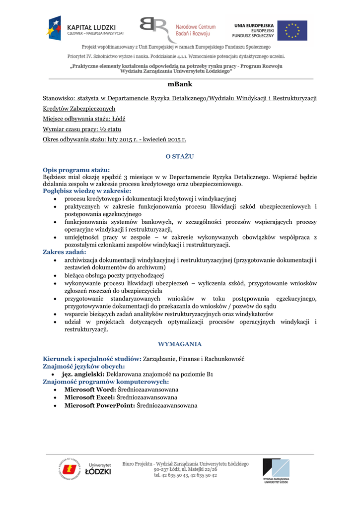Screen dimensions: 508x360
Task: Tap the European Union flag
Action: click(x=292, y=30)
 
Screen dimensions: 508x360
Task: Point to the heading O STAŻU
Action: click(x=180, y=156)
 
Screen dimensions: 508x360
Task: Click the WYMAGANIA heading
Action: click(x=180, y=344)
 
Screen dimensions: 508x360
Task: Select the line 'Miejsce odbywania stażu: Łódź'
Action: click(x=84, y=119)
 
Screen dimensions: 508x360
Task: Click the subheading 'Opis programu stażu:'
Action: click(x=76, y=170)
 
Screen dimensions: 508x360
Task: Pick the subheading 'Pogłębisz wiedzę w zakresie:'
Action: click(x=87, y=190)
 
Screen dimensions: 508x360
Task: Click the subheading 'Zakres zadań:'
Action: click(x=65, y=252)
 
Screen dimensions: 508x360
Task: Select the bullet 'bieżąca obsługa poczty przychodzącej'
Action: click(x=114, y=275)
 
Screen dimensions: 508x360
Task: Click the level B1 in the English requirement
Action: click(x=210, y=374)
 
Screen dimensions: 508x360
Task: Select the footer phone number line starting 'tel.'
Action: click(x=185, y=475)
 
